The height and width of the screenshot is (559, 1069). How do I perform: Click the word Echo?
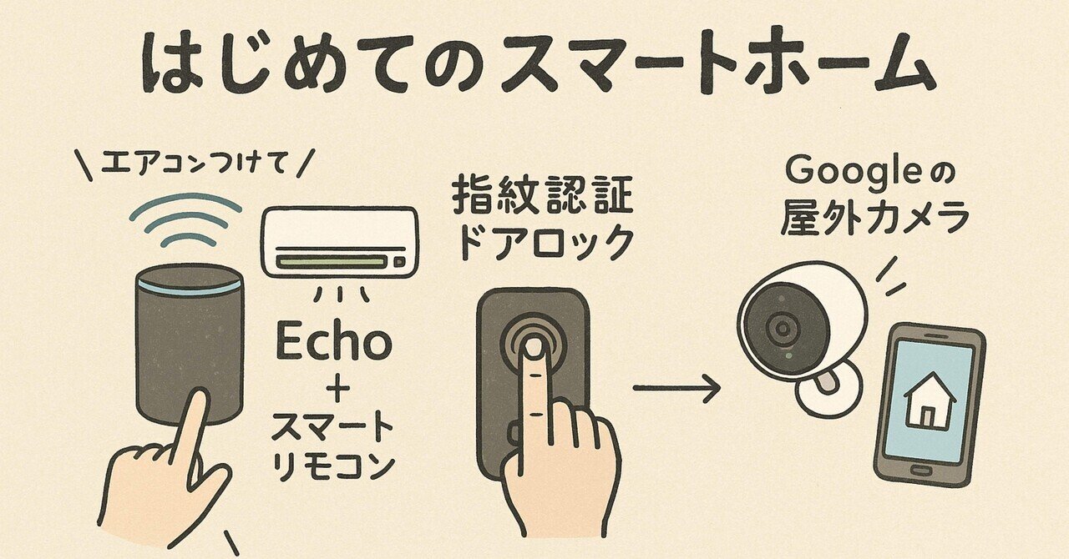click(x=333, y=343)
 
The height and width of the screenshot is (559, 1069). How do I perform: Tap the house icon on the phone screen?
click(x=930, y=400)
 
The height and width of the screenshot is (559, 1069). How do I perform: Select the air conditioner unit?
click(x=339, y=241)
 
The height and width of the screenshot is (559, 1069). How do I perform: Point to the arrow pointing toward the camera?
click(x=676, y=388)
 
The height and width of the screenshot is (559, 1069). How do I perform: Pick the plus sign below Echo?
click(x=333, y=390)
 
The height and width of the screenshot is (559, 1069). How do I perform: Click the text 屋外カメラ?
click(x=874, y=219)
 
